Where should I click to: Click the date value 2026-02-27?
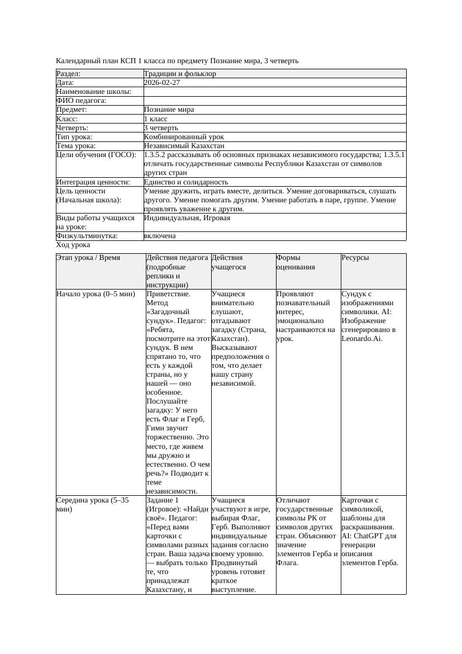162,83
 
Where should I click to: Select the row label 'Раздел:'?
69,74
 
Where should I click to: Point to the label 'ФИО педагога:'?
82,101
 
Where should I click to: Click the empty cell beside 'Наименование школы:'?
274,92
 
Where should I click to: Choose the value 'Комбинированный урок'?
184,137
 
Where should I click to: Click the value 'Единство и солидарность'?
186,182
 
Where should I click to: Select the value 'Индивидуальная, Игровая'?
187,218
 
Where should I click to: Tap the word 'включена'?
160,236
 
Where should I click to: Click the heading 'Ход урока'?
73,245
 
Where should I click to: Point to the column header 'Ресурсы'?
355,258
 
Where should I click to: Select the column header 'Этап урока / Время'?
88,258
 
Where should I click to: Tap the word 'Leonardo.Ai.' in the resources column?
362,339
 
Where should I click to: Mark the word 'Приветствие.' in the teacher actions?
168,294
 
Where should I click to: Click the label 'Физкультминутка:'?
87,236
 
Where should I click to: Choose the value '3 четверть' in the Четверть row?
161,128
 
